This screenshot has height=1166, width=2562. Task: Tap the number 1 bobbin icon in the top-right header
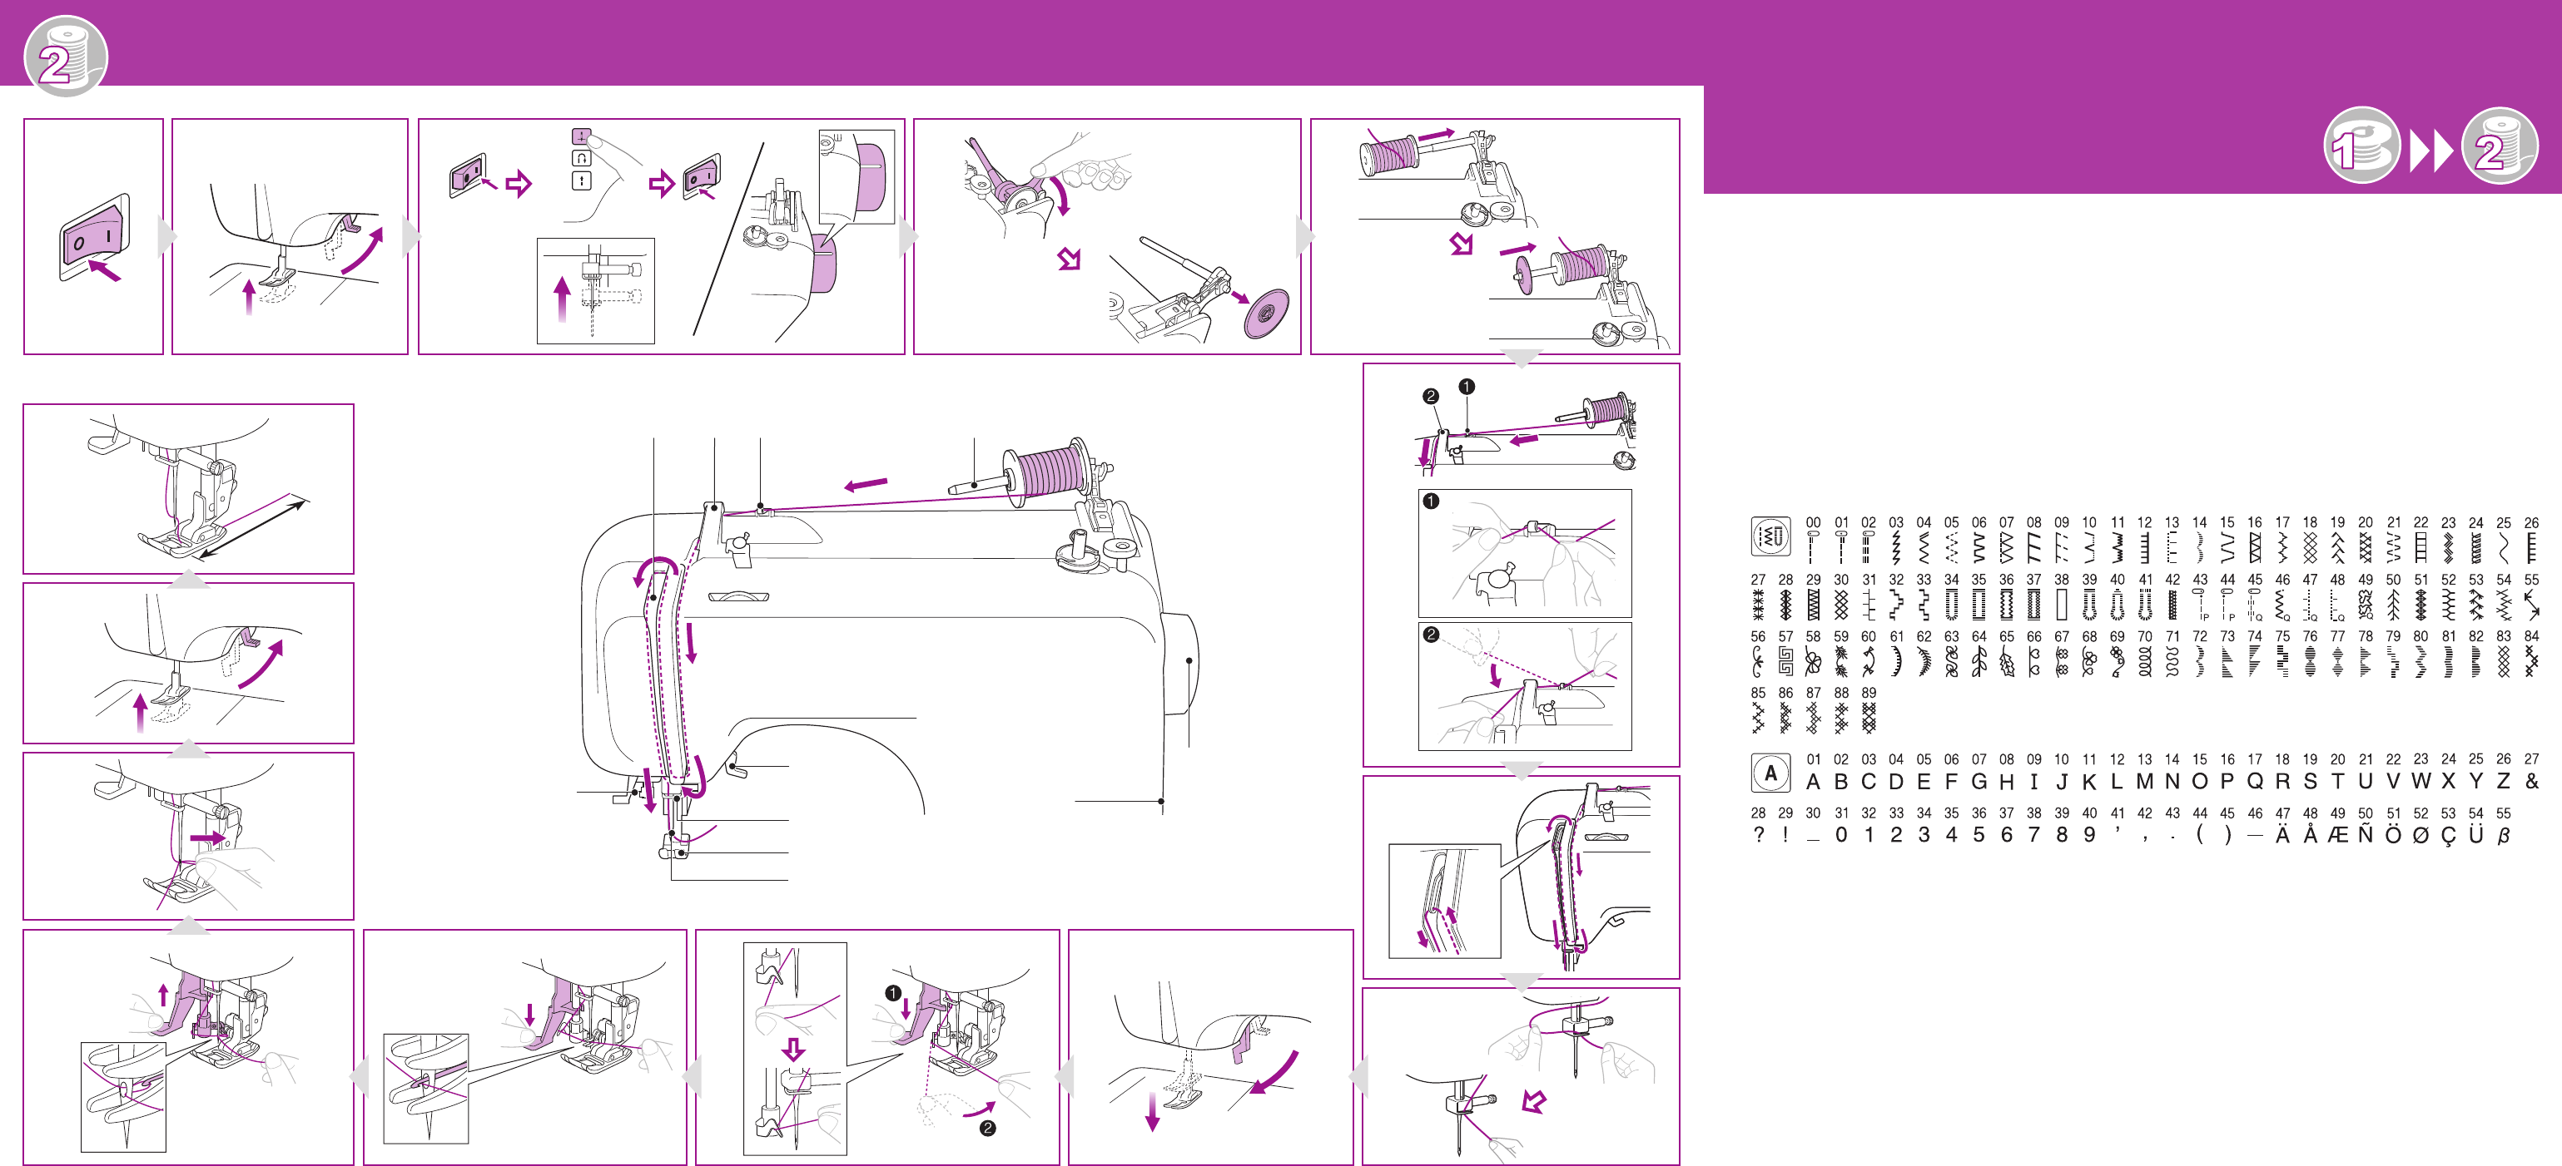click(x=2362, y=146)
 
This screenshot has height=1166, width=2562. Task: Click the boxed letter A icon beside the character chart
click(x=1770, y=773)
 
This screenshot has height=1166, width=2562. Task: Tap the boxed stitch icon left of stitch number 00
click(x=1770, y=536)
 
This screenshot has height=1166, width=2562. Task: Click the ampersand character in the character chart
click(x=2532, y=781)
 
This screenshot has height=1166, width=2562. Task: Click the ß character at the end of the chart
click(x=2504, y=835)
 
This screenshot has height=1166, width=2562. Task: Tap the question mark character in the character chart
click(x=1759, y=835)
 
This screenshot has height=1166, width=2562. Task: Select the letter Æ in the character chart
click(x=2337, y=835)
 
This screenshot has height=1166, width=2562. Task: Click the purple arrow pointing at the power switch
click(x=104, y=269)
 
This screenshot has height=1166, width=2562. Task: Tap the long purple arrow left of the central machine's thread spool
click(x=866, y=484)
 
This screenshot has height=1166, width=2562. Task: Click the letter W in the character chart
click(x=2420, y=781)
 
